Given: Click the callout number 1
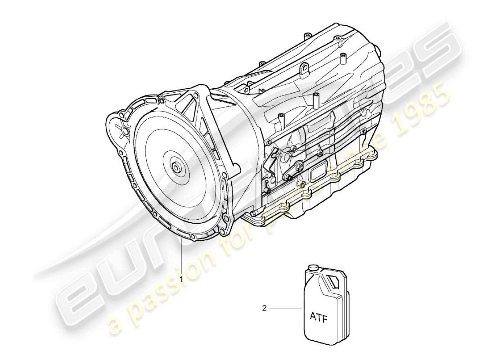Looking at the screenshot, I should [x=181, y=279].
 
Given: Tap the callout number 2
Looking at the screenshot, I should [x=264, y=308].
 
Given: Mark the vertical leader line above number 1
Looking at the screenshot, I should [x=182, y=256].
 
